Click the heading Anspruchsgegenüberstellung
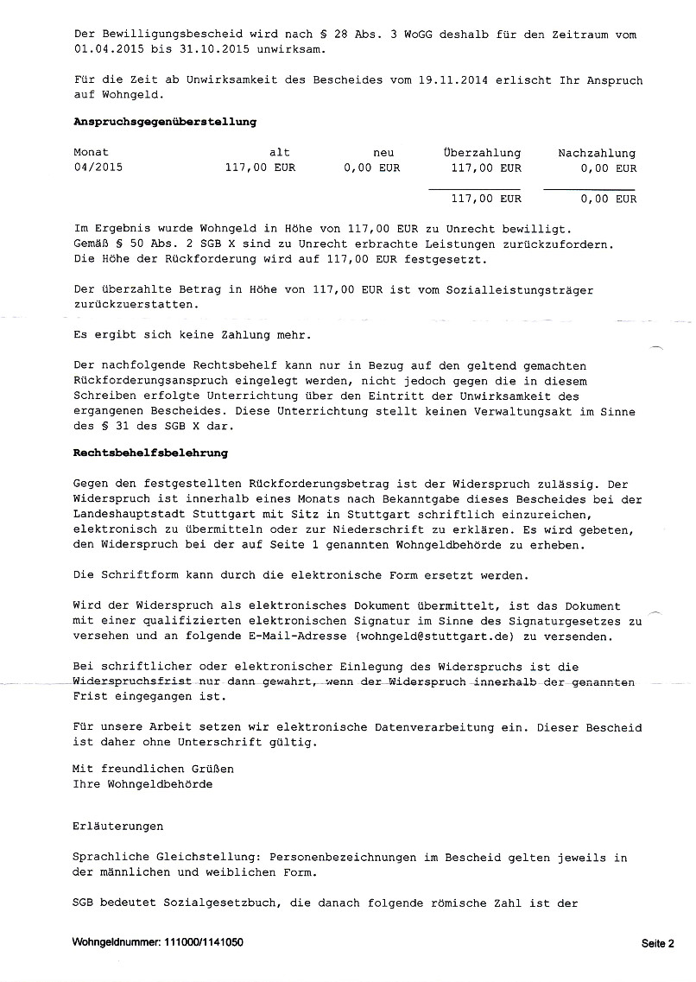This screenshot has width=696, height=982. [165, 122]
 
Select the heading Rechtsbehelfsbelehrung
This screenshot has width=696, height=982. [151, 452]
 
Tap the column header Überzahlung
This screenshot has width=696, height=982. [481, 153]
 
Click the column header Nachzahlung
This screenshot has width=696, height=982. [597, 153]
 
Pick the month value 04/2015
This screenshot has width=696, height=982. [98, 168]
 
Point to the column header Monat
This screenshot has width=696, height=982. [92, 153]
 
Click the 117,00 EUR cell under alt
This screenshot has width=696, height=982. [260, 168]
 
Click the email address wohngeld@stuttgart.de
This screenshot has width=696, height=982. [422, 637]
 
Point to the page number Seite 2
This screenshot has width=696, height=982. [657, 943]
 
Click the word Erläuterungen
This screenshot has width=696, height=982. [118, 827]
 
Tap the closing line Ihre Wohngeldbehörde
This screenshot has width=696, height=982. [142, 784]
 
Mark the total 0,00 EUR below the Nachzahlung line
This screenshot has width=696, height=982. [609, 199]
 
